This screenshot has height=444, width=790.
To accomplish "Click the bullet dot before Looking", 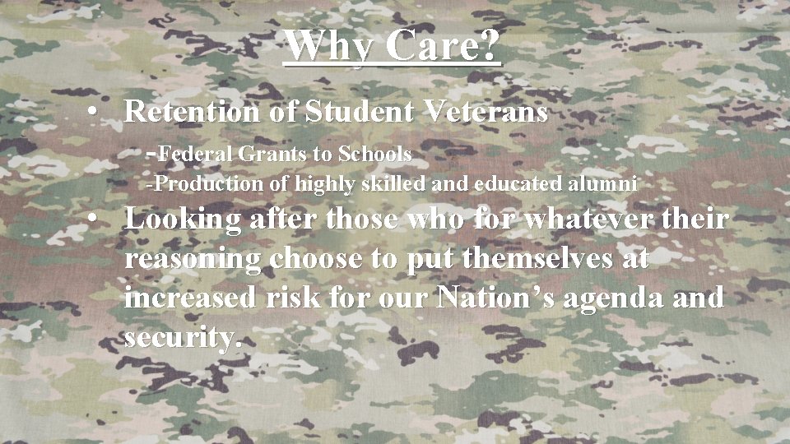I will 97,220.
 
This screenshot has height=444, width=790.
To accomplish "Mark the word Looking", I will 184,220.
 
